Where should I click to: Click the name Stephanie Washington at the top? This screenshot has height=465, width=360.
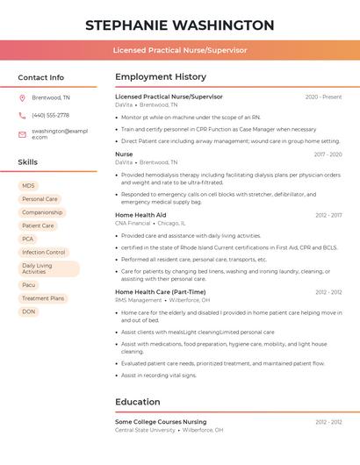pos(179,25)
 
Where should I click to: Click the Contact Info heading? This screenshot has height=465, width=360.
pos(41,77)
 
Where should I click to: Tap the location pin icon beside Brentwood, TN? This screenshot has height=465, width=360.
pos(22,97)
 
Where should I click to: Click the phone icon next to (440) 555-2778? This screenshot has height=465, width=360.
pos(22,115)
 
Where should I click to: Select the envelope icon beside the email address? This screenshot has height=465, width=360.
pos(22,133)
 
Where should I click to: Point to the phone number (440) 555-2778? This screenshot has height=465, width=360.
pos(50,115)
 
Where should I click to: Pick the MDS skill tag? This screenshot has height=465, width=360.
pos(29,186)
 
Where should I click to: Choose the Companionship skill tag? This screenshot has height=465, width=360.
pos(41,212)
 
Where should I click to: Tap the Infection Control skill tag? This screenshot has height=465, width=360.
pos(43,252)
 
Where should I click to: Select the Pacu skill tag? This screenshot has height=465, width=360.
pos(29,285)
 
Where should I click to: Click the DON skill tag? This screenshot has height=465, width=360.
pos(29,311)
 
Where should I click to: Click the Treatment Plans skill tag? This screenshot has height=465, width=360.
pos(43,298)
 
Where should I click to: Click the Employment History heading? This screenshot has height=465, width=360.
pos(160,77)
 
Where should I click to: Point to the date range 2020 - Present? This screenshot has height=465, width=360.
pos(323,97)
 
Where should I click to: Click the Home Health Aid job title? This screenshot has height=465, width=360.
pos(140,215)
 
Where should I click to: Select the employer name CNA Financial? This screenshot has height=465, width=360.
pos(133,224)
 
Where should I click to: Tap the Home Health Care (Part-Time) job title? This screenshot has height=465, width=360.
pos(160,292)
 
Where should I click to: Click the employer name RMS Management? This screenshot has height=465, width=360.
pos(139,300)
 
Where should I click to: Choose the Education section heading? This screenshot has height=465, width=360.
pos(139,402)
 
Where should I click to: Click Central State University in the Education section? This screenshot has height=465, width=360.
pos(145,430)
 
